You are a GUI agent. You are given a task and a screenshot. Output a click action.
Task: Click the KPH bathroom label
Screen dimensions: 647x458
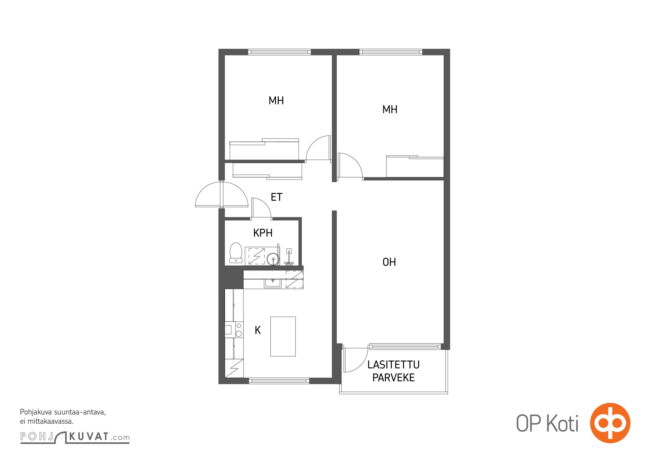click(x=263, y=233)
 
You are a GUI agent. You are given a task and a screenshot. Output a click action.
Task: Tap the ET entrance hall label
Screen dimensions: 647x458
click(x=277, y=197)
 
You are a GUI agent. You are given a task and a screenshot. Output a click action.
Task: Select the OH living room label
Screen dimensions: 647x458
click(x=389, y=262)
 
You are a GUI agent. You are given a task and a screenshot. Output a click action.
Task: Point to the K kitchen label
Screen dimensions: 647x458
click(x=258, y=330)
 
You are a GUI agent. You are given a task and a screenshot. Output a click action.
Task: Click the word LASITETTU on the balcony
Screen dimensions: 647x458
click(x=393, y=365)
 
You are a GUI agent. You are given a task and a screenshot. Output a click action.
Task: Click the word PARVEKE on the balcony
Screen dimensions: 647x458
click(x=393, y=378)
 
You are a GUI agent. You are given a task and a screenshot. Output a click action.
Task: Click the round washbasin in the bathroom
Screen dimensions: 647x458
click(x=273, y=259)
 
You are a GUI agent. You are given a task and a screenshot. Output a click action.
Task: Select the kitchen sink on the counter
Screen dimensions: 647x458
click(x=273, y=282)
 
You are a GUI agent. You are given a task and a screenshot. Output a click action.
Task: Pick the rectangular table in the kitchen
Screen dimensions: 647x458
click(x=283, y=336)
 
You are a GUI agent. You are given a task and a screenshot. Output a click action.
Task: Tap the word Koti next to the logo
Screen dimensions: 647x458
click(x=563, y=423)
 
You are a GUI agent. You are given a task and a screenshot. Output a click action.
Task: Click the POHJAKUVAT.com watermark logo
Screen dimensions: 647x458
click(x=75, y=437)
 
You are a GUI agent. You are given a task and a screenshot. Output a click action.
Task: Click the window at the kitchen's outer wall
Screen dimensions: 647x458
click(x=279, y=381)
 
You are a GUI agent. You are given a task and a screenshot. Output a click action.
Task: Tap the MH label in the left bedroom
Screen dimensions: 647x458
click(x=276, y=100)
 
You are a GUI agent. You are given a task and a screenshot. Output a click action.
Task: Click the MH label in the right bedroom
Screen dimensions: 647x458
click(x=390, y=109)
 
